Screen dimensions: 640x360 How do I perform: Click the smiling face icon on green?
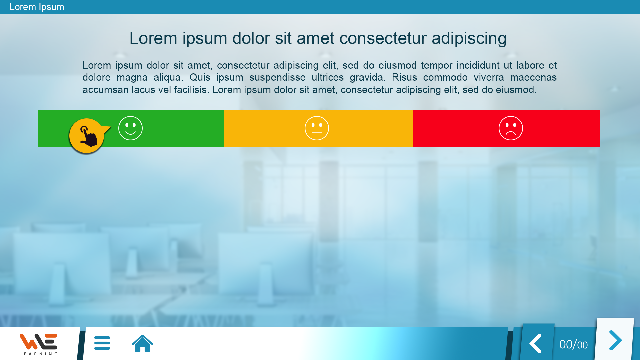click(130, 128)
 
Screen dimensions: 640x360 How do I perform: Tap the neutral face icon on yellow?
click(317, 128)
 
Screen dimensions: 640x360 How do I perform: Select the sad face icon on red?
click(511, 128)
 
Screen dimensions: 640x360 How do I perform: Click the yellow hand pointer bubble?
click(87, 136)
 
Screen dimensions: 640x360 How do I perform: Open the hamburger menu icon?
click(102, 343)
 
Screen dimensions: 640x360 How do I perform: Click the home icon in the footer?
click(142, 343)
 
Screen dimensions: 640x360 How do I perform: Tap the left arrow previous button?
click(536, 343)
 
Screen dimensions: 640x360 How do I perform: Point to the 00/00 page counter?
click(573, 344)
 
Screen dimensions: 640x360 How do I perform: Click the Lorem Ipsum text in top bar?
click(37, 7)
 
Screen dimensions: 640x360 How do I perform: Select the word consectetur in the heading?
click(383, 38)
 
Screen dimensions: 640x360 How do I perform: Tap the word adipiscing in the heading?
click(469, 39)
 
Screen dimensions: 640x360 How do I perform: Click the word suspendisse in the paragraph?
click(277, 77)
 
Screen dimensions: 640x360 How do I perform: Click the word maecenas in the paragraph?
click(533, 77)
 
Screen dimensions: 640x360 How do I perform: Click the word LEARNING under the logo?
click(38, 354)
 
